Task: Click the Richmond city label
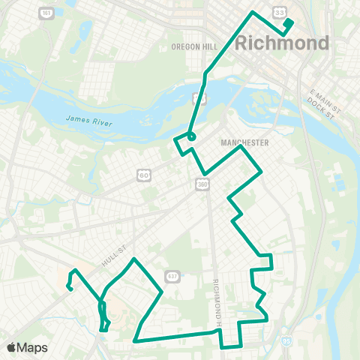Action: pos(282,43)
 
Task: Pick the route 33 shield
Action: pos(279,13)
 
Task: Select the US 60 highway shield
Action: pos(142,175)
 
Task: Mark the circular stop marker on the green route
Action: pos(191,136)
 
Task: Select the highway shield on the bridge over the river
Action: pos(199,97)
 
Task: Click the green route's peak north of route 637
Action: pos(133,259)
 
